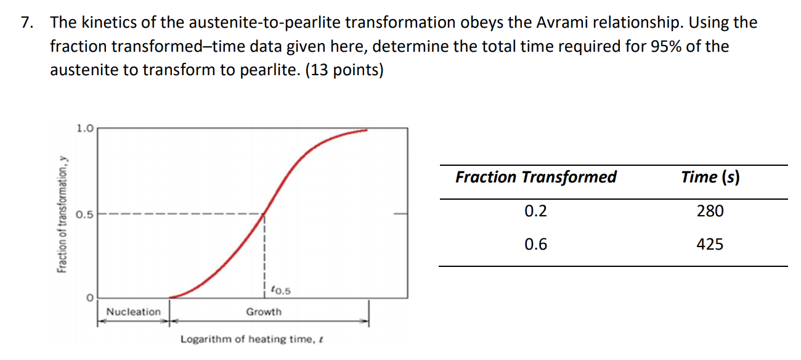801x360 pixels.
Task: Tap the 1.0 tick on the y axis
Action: coord(85,129)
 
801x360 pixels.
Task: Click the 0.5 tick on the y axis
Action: coord(85,215)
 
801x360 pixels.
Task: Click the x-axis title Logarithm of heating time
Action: coord(252,339)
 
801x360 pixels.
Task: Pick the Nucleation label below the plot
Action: coord(133,312)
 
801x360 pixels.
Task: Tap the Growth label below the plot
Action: coord(264,312)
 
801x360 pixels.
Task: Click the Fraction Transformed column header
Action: coord(535,178)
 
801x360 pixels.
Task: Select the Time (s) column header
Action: coord(710,178)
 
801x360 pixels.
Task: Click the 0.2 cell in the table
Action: coord(535,211)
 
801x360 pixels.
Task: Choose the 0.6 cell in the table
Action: coord(535,245)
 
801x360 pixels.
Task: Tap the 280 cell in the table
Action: coord(710,211)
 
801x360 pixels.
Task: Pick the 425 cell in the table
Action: coord(710,245)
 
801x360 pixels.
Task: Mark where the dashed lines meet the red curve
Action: coord(264,214)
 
